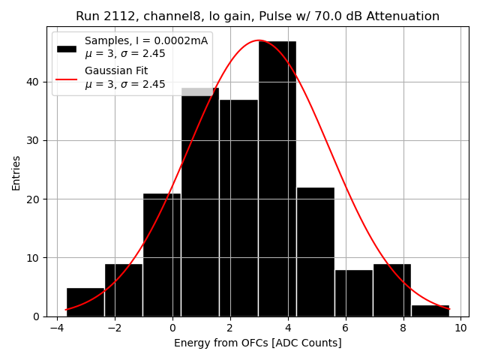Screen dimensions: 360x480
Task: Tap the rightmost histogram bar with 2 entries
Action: (x=430, y=310)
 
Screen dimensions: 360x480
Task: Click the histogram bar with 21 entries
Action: (x=162, y=255)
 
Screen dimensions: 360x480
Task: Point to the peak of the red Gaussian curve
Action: (x=259, y=40)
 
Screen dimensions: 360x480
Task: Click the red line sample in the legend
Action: (x=67, y=78)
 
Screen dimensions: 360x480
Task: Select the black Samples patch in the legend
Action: (x=67, y=48)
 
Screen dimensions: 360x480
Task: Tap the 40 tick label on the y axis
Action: (x=36, y=82)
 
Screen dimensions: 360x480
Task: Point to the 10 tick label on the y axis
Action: (x=36, y=258)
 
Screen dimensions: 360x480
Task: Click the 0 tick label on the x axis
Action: (x=172, y=328)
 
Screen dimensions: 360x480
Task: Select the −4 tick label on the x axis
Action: (x=57, y=328)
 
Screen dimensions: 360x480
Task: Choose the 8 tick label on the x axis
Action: (x=403, y=328)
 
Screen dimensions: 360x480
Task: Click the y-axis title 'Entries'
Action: (x=16, y=172)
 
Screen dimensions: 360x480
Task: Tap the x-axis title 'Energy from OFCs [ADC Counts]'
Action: (x=258, y=343)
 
